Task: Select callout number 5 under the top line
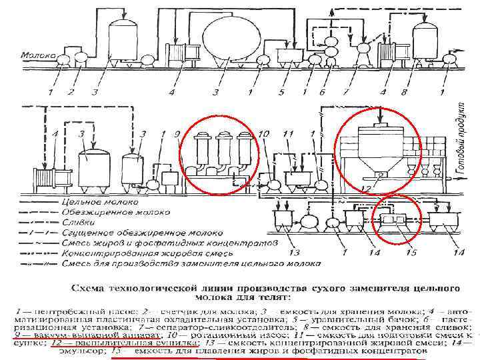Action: tap(282, 91)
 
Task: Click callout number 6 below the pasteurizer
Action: tap(322, 91)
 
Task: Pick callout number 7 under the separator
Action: tap(346, 91)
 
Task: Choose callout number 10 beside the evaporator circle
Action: tap(264, 135)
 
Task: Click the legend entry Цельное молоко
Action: tap(90, 200)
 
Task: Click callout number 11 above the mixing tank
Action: tap(288, 135)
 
